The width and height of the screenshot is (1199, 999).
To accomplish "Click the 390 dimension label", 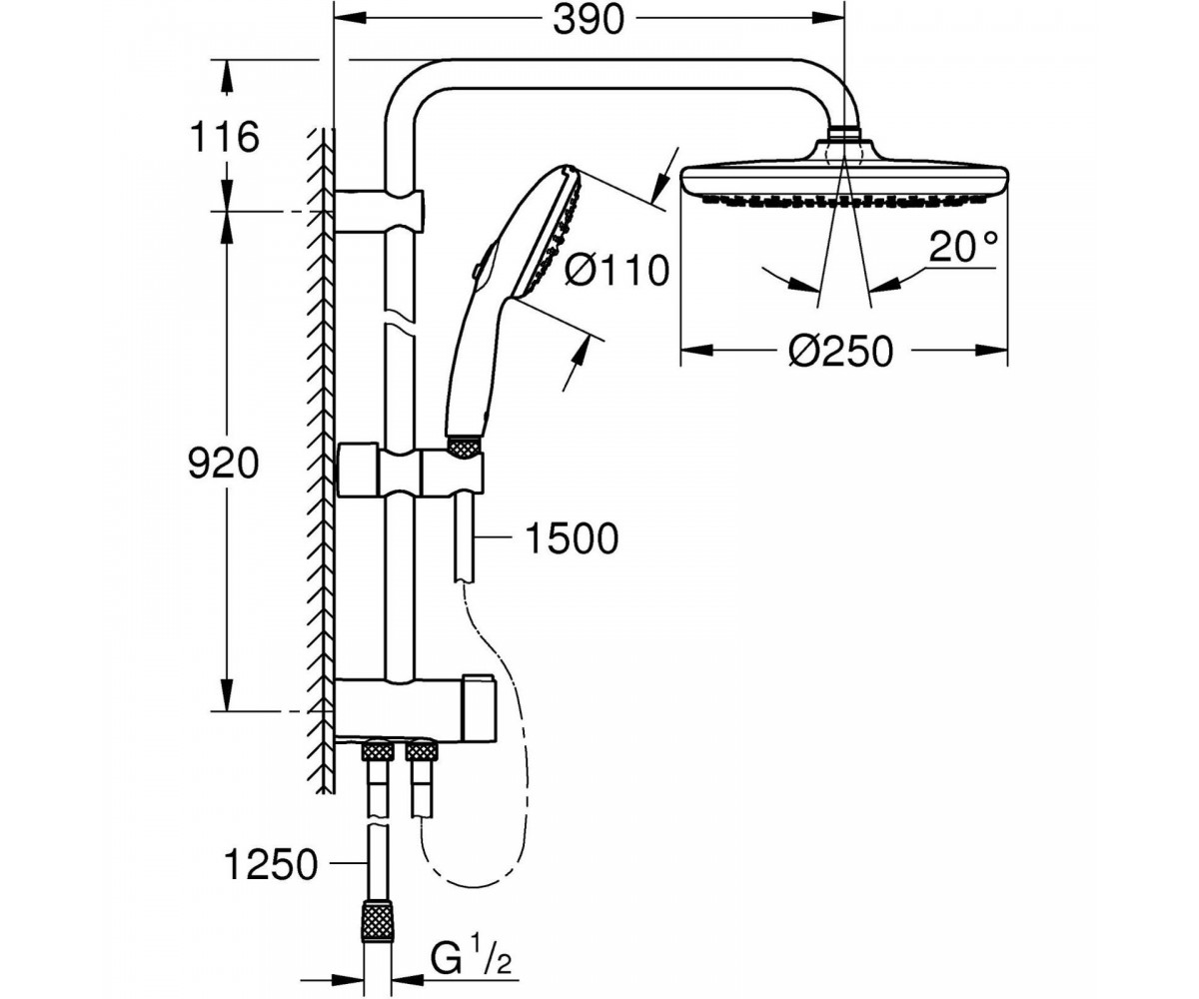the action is click(x=589, y=21).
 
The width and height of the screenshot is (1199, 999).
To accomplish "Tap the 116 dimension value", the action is click(x=225, y=137).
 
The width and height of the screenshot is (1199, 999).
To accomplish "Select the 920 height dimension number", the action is click(x=224, y=464).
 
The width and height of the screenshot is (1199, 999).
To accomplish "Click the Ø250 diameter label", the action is click(x=840, y=352).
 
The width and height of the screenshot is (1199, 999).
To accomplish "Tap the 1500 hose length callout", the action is click(x=573, y=538).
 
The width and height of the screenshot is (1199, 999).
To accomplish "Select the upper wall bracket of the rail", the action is click(x=380, y=211).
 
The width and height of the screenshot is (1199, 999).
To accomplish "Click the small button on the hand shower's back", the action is click(x=476, y=270).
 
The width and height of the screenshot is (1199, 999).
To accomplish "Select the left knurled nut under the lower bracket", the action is click(x=377, y=751).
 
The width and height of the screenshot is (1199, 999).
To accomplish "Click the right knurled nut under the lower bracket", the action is click(x=422, y=751).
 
